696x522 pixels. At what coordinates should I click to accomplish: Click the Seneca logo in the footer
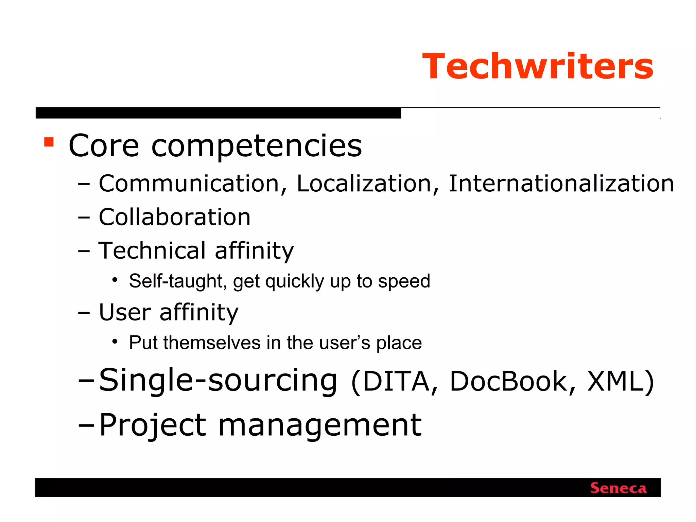tap(618, 488)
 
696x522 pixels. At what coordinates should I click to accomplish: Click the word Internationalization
tap(561, 184)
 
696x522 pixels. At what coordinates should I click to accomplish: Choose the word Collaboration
tap(175, 217)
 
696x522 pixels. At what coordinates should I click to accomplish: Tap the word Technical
tap(152, 250)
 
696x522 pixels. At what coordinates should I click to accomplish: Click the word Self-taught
tap(176, 281)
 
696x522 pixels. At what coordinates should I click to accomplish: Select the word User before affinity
tap(125, 312)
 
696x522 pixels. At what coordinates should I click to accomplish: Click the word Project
tap(153, 426)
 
